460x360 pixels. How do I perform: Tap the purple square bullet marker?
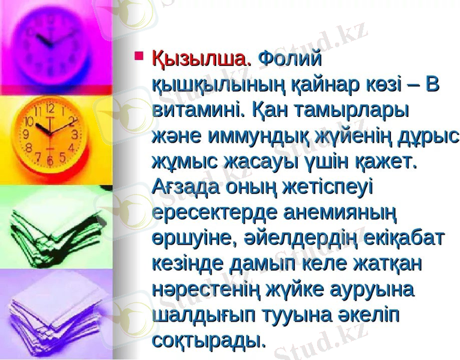[x=140, y=58]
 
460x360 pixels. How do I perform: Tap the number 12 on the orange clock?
[x=50, y=110]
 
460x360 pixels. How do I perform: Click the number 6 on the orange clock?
[x=49, y=161]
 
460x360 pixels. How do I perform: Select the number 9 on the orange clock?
[x=26, y=137]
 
